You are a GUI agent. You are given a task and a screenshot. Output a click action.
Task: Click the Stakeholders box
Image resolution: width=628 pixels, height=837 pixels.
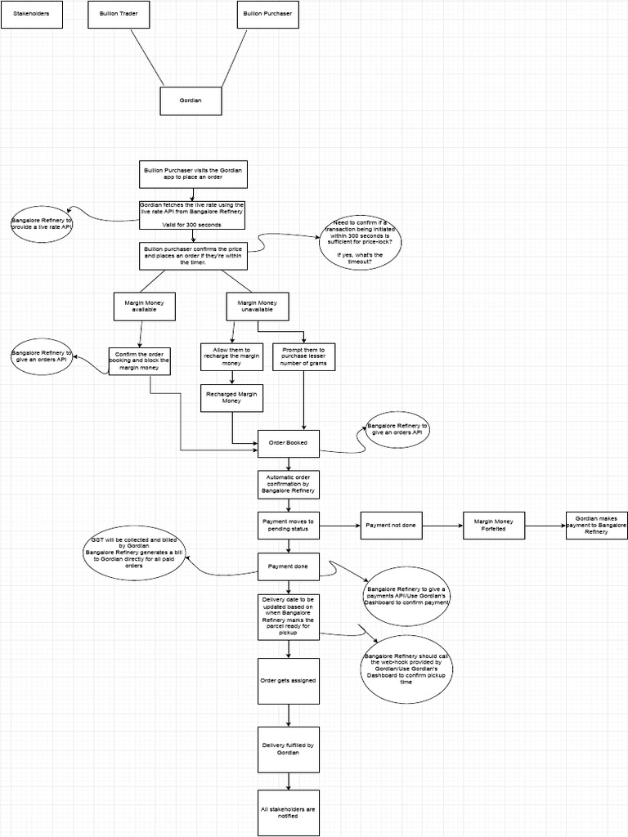tap(31, 14)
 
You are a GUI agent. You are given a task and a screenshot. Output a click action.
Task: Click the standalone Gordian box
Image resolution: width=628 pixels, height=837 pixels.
tap(191, 101)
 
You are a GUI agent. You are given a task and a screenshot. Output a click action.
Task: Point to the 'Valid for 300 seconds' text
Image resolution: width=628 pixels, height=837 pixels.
tap(192, 224)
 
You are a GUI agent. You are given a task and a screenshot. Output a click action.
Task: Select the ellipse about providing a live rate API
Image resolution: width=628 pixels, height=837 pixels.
tap(42, 224)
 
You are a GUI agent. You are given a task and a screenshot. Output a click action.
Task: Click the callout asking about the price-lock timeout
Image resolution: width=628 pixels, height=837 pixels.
tap(361, 241)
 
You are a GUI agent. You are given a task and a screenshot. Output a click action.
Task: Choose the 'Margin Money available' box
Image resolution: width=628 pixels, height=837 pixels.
tap(140, 307)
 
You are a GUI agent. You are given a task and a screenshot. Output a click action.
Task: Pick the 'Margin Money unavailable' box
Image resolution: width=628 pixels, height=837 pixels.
tap(257, 307)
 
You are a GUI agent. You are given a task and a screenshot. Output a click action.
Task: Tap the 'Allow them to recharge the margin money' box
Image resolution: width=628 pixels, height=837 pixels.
tap(231, 356)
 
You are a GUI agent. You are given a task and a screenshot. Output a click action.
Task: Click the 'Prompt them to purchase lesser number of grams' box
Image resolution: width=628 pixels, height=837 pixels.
tap(304, 356)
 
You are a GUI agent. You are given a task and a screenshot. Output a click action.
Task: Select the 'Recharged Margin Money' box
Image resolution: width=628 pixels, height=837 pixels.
tap(231, 398)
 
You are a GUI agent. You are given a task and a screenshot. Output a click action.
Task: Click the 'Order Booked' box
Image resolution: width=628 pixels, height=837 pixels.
tap(288, 443)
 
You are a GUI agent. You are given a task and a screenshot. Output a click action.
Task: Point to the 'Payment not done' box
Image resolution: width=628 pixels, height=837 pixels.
tap(391, 526)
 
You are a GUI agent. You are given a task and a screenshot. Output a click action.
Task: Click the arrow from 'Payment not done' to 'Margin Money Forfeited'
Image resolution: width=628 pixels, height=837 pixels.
tap(442, 526)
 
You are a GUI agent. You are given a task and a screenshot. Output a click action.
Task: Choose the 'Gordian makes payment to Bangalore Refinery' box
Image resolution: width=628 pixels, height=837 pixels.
tap(596, 526)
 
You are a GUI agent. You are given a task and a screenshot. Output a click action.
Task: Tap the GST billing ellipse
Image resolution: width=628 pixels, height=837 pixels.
tap(135, 553)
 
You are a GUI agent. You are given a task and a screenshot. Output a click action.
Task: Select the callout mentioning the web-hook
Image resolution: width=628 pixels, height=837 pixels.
tap(406, 669)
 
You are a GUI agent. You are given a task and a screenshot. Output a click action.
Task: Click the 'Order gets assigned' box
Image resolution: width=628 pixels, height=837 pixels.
tap(288, 680)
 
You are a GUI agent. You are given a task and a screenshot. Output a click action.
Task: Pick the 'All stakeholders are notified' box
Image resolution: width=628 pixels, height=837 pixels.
tap(288, 812)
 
